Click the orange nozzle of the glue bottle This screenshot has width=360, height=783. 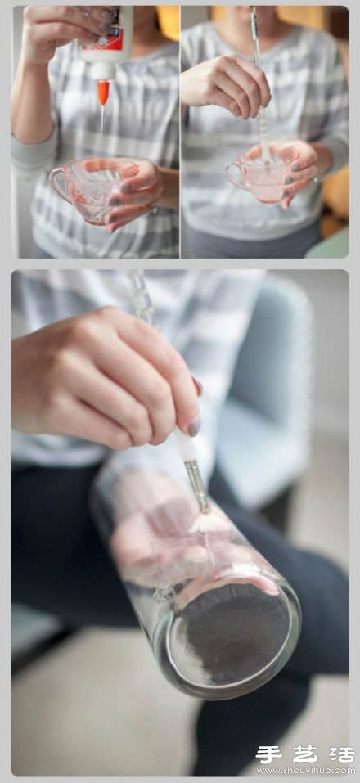103,92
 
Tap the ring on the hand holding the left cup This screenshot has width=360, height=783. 151,209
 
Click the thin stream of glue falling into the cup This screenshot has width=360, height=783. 102,123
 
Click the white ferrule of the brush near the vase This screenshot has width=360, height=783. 184,446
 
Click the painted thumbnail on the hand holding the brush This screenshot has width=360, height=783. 193,426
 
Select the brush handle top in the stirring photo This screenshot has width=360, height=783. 254,25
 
